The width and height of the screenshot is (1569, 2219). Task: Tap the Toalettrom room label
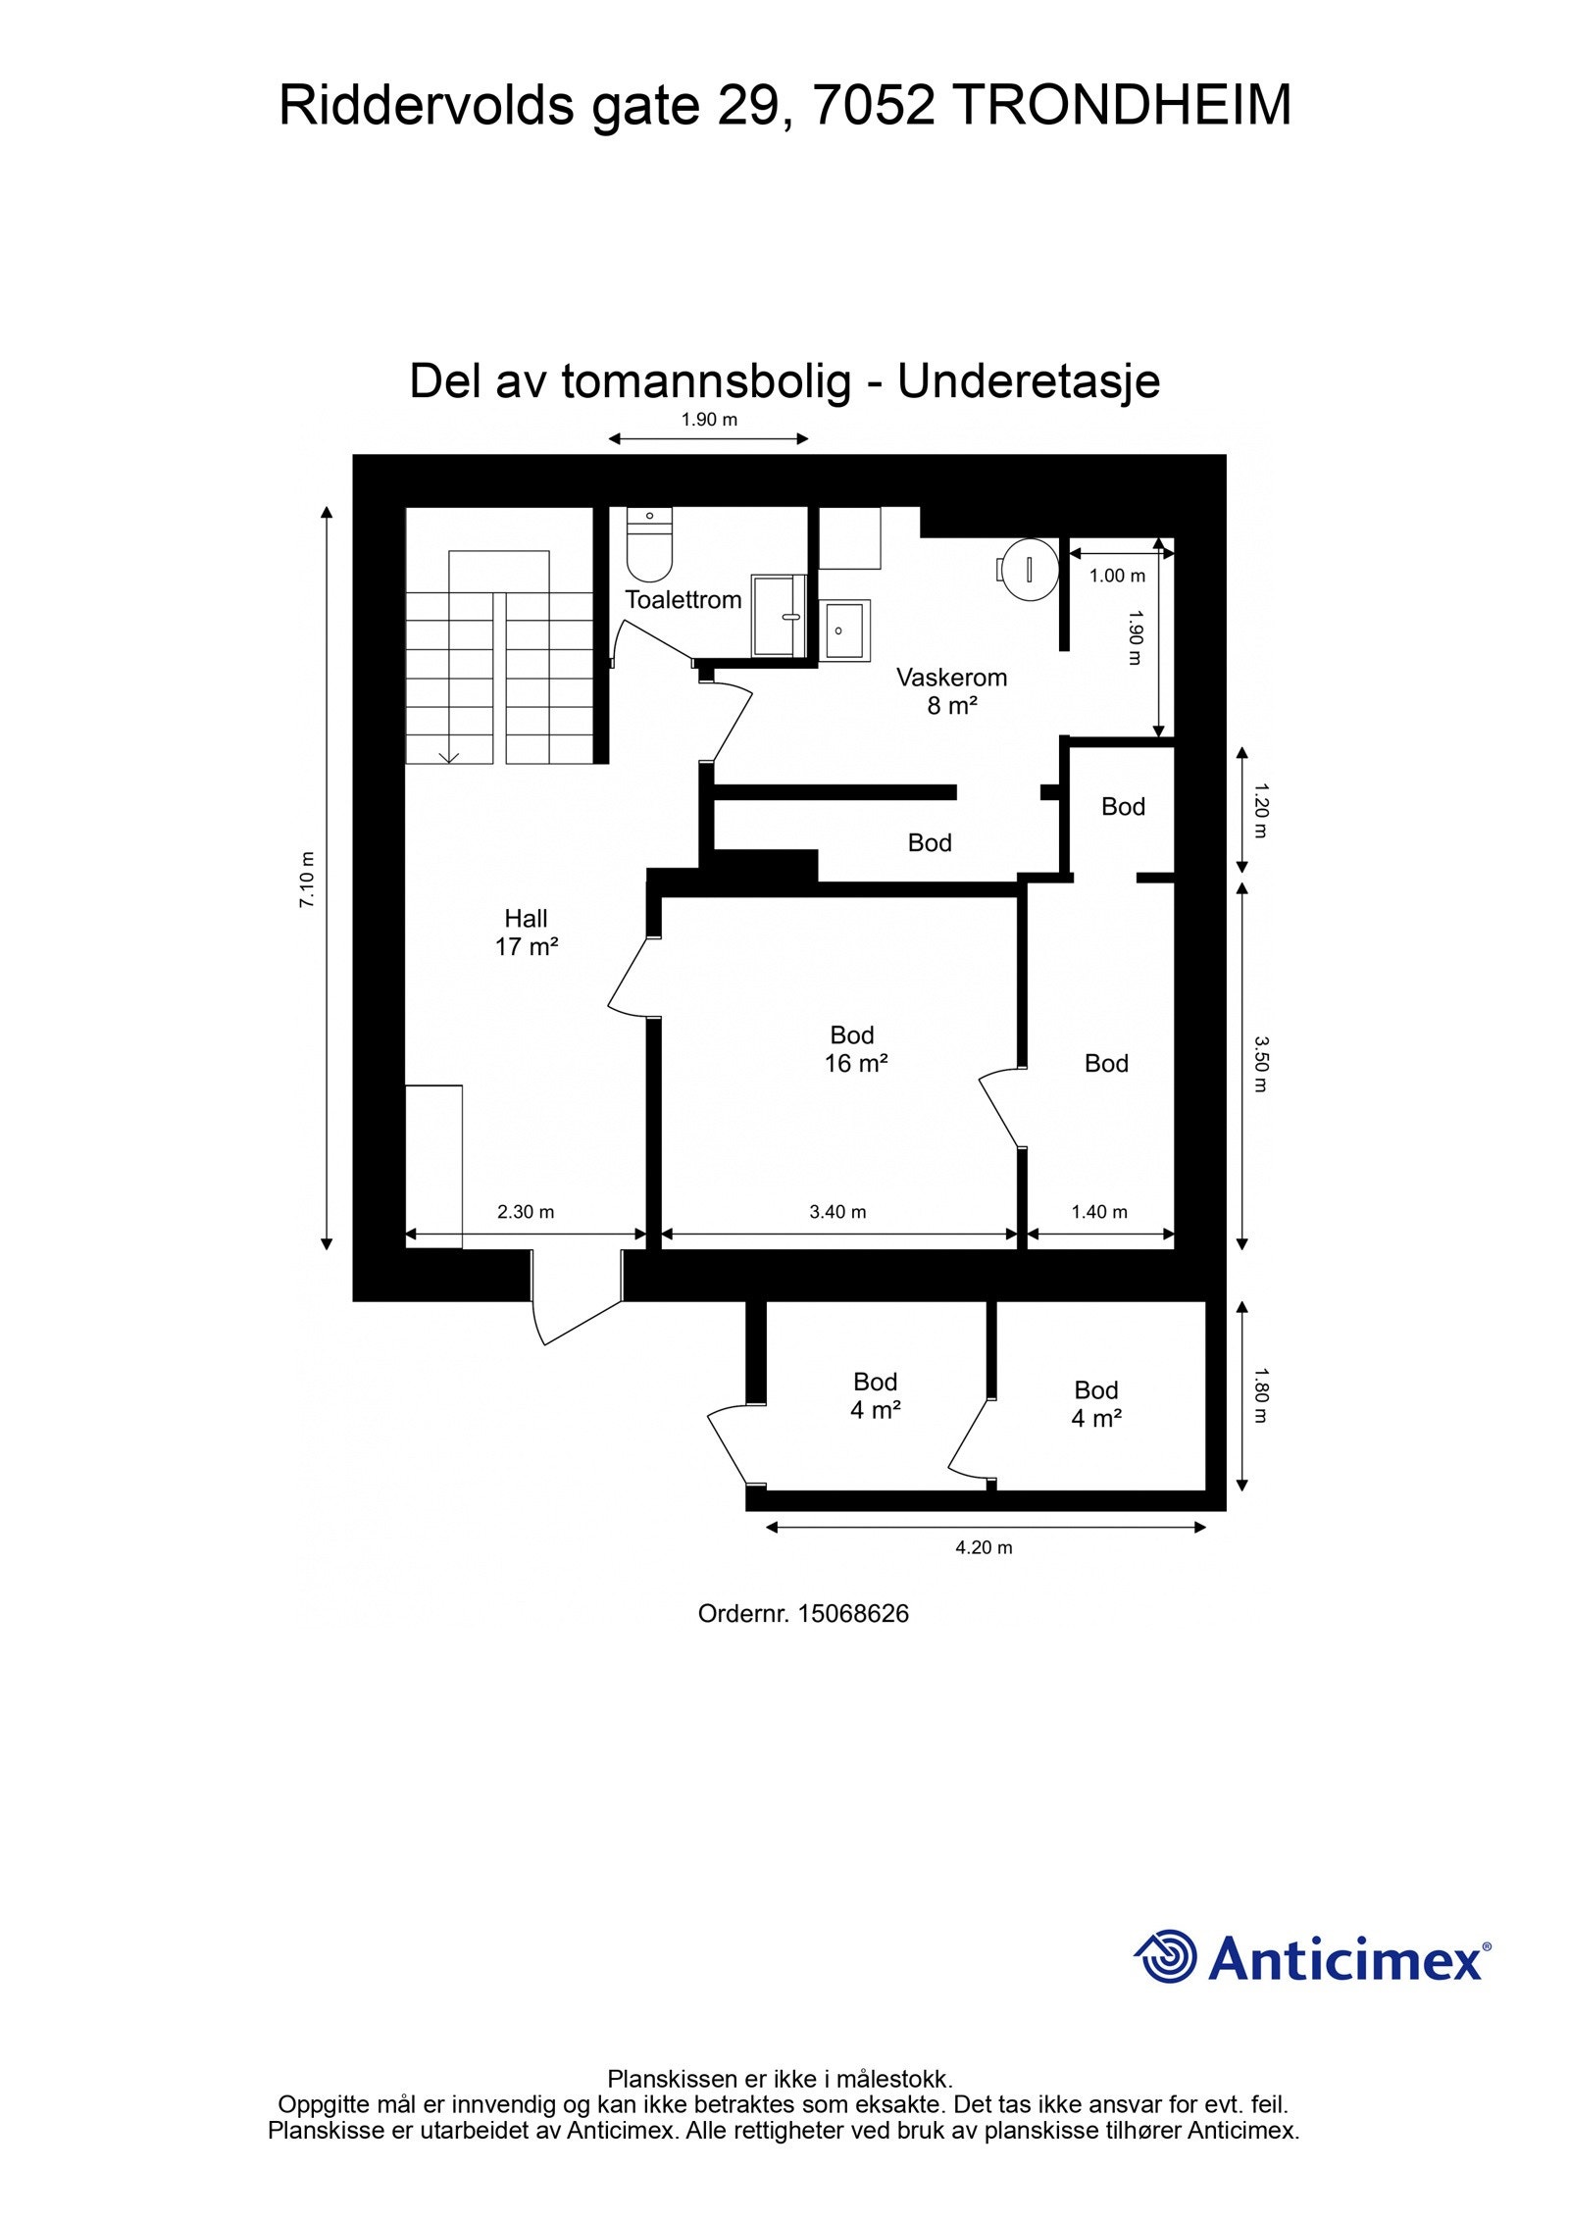coord(683,599)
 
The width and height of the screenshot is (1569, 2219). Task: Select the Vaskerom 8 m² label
coord(952,690)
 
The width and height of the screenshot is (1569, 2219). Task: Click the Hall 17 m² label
coord(527,933)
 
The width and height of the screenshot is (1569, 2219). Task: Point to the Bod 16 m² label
coord(855,1049)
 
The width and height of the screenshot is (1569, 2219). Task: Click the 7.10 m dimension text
coord(308,878)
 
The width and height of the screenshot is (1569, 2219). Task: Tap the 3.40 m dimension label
coord(837,1212)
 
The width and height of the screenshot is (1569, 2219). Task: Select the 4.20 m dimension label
coord(984,1547)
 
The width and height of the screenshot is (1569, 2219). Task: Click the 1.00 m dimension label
coord(1117,576)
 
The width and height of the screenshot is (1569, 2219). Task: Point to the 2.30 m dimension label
coord(526,1212)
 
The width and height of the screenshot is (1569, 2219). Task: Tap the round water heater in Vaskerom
coord(1029,568)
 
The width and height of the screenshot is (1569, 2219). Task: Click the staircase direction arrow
coord(450,755)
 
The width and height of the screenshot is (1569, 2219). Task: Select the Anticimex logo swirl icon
coord(1167,1956)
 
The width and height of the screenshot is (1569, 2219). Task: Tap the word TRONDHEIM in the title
coord(1122,106)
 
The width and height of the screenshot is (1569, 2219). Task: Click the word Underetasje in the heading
coord(1029,381)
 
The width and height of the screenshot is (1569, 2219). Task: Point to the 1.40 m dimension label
coord(1099,1212)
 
